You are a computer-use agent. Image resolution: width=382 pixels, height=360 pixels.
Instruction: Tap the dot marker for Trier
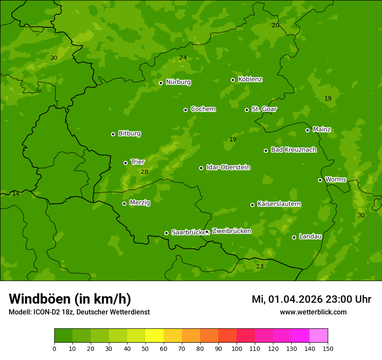click(126, 163)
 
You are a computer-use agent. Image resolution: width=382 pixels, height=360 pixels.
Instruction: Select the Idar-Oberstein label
click(228, 167)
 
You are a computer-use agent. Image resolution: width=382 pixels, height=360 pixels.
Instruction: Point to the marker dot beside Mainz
click(307, 130)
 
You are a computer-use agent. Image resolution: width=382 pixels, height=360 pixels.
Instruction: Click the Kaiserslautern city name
click(279, 204)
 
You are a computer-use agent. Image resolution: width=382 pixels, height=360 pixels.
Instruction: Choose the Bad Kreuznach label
click(293, 150)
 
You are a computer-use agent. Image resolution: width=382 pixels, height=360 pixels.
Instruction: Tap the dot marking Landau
click(294, 237)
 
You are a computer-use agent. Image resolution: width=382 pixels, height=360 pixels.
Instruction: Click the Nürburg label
click(178, 82)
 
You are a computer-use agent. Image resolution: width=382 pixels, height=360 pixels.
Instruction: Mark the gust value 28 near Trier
click(145, 172)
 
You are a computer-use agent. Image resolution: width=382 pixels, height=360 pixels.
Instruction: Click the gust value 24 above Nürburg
click(183, 58)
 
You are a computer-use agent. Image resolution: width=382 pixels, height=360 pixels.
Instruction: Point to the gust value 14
click(16, 193)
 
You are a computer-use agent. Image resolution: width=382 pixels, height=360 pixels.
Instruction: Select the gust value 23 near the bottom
click(260, 266)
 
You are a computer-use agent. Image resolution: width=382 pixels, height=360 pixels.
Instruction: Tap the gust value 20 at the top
click(275, 26)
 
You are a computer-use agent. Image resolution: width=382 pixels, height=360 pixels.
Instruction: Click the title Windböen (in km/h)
click(70, 299)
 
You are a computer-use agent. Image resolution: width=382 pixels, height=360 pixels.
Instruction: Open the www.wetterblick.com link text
click(313, 312)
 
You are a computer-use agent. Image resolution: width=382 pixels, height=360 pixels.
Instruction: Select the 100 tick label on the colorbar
click(237, 348)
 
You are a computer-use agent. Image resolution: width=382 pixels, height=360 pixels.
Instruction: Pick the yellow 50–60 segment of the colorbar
click(155, 336)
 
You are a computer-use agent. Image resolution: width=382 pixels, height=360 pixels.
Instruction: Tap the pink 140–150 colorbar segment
click(319, 336)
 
